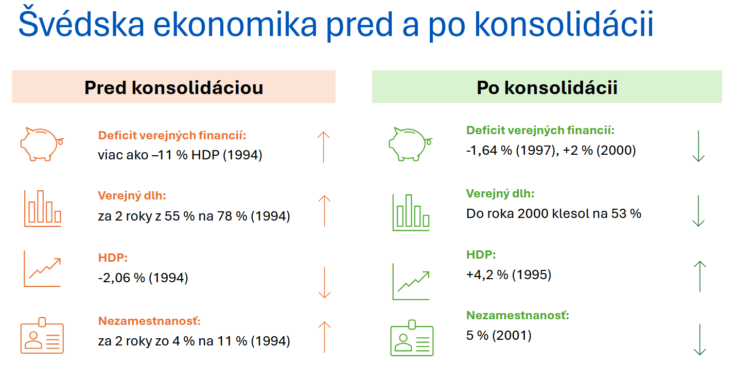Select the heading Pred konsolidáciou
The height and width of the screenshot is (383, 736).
coord(173,87)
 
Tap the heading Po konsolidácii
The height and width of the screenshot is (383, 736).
coord(547,87)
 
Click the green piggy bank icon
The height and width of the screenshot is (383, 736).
coord(410,143)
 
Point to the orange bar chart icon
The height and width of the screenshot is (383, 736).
coord(42,208)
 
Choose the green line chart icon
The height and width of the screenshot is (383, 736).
coord(411,281)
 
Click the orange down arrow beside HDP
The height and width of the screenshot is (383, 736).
coord(324,282)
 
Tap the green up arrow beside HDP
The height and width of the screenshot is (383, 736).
coord(699,277)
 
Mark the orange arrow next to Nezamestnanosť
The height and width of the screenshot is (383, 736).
coord(324,337)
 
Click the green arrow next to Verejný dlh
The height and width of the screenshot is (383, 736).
coord(698,211)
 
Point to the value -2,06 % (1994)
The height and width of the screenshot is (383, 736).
coord(143,278)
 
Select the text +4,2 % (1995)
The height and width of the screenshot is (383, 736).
coord(509,275)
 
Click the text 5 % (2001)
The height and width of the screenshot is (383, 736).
coord(498,336)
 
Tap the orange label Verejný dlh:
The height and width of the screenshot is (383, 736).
coord(132,196)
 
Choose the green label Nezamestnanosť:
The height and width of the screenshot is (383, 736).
coord(518,315)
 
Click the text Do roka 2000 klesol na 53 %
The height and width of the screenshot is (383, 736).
coord(554,213)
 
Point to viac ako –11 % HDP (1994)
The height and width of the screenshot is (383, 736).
coord(180,155)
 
